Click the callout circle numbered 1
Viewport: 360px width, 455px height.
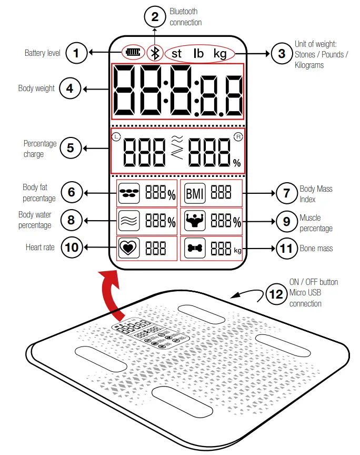pyautogui.click(x=76, y=53)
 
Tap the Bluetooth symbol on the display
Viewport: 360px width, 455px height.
pyautogui.click(x=154, y=53)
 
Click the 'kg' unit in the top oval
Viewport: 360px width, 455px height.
pyautogui.click(x=221, y=53)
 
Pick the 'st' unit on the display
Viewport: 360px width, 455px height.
pyautogui.click(x=177, y=53)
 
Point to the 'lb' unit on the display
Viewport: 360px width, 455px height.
pyautogui.click(x=198, y=53)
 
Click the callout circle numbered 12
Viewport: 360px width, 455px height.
pyautogui.click(x=276, y=294)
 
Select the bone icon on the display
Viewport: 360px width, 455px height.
pyautogui.click(x=194, y=249)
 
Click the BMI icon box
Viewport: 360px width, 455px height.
pyautogui.click(x=194, y=193)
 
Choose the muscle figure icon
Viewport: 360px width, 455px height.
pyautogui.click(x=194, y=221)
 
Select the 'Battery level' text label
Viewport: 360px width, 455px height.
pyautogui.click(x=43, y=53)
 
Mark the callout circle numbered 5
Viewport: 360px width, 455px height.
pyautogui.click(x=71, y=148)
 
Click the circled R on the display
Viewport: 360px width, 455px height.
pyautogui.click(x=238, y=136)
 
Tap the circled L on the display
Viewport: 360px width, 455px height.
pyautogui.click(x=116, y=137)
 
